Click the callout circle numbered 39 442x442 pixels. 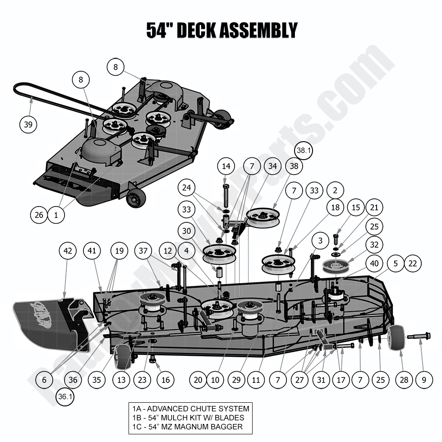28,125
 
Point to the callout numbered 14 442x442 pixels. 226,166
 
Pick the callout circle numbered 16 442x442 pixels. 166,380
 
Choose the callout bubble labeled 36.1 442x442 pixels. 66,397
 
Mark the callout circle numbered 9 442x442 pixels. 424,380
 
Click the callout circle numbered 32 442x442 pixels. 374,245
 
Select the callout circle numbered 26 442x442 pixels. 39,215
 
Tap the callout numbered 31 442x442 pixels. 321,380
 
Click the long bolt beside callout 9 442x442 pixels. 419,336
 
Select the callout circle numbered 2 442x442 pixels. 335,190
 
